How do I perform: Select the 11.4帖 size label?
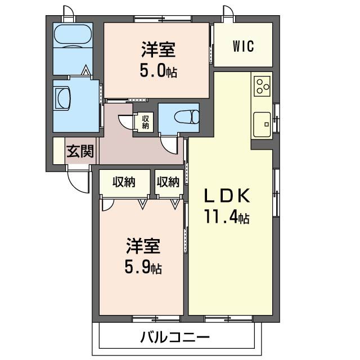pos(227,217)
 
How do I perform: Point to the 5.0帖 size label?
pos(158,71)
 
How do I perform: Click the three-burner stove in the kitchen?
pos(262,85)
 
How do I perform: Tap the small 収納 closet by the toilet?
pos(146,121)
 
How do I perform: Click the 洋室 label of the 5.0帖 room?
pos(158,50)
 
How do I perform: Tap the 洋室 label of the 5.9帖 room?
pos(143,246)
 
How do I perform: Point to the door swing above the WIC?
pos(227,14)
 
